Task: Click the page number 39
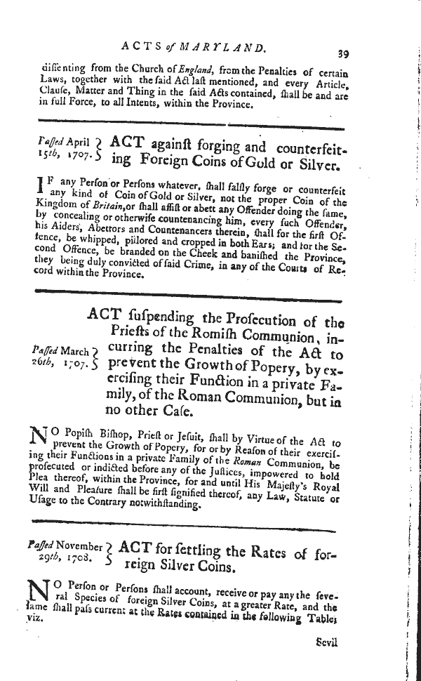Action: click(x=343, y=52)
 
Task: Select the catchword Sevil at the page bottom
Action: click(x=328, y=642)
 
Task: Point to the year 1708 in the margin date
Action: click(x=77, y=562)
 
